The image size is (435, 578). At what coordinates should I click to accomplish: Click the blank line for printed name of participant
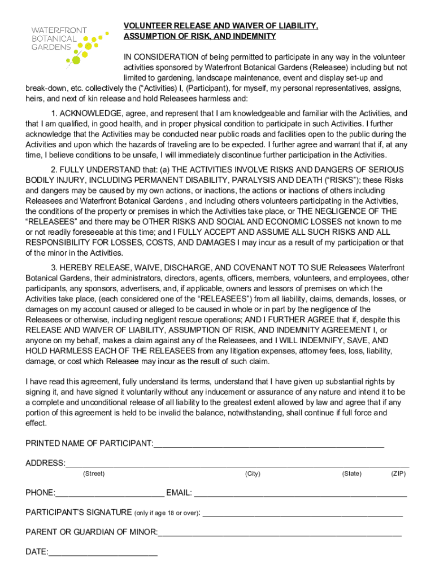[x=268, y=444]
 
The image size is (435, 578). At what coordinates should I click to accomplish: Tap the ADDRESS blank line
[x=237, y=464]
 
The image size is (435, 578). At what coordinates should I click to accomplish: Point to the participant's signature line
[x=303, y=514]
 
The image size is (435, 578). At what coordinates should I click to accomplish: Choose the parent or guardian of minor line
[x=280, y=532]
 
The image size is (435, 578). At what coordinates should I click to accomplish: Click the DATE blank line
[x=103, y=553]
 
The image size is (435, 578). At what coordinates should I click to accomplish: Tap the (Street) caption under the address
[x=94, y=474]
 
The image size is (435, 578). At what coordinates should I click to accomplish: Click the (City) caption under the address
[x=253, y=474]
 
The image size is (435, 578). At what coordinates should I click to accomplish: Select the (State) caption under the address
[x=352, y=474]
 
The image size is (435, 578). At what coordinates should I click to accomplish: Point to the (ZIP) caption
[x=398, y=474]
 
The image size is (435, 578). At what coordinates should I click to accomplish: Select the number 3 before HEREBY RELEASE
[x=54, y=268]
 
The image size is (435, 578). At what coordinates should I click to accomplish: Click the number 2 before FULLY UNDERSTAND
[x=54, y=170]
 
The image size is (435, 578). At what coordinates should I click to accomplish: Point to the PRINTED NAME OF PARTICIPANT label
[x=89, y=444]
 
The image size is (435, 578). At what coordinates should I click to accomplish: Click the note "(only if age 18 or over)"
[x=167, y=513]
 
